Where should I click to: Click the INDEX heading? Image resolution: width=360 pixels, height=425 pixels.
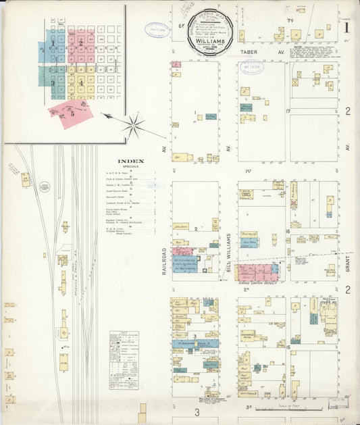tap(130, 161)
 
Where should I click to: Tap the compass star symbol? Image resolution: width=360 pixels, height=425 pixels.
tap(134, 125)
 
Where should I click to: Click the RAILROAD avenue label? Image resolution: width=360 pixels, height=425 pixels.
tap(164, 260)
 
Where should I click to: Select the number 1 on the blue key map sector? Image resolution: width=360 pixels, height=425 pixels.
tap(51, 43)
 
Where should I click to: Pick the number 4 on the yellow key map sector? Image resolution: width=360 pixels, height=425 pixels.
tap(81, 82)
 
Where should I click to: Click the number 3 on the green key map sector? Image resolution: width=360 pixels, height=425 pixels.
tap(52, 82)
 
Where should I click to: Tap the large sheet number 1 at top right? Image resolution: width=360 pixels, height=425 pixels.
tap(346, 28)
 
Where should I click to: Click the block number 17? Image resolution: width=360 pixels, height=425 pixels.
tap(288, 110)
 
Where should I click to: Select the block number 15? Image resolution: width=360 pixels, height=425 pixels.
tap(288, 347)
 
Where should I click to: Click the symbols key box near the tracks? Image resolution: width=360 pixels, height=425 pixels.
tap(124, 359)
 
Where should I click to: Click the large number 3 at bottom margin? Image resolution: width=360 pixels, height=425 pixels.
tap(198, 411)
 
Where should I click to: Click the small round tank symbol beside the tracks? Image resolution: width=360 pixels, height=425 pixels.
tap(45, 187)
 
